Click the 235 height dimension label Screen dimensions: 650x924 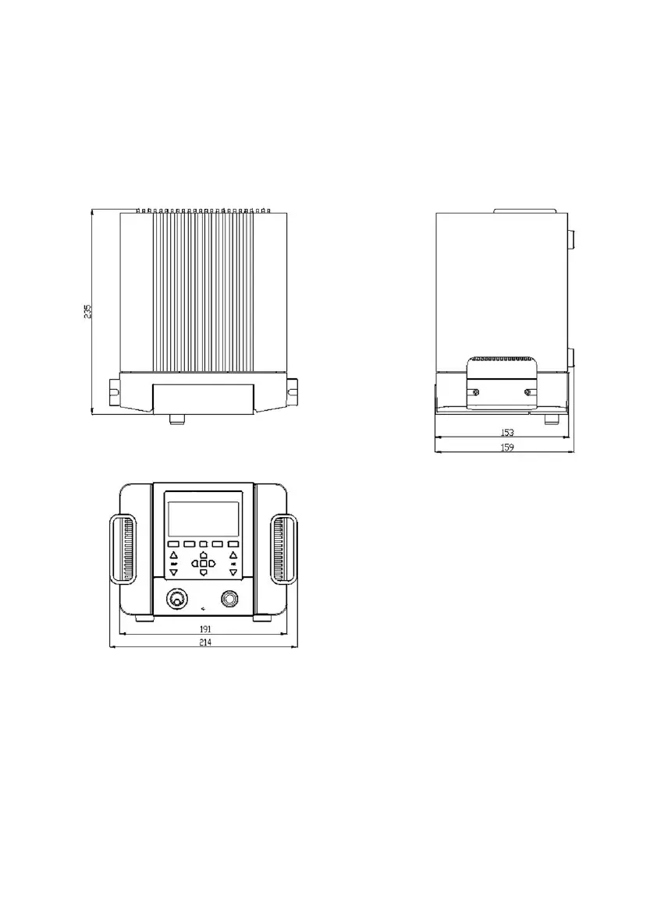[x=88, y=311]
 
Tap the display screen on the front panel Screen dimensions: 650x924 [x=203, y=519]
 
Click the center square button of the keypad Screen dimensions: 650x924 [x=203, y=563]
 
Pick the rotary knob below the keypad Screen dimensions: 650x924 [x=177, y=600]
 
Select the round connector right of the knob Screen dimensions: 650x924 [x=229, y=599]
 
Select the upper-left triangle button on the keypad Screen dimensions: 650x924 [x=174, y=555]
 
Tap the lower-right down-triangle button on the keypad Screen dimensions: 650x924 [x=233, y=572]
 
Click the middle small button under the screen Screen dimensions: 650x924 [x=203, y=543]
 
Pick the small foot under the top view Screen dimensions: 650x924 [x=177, y=420]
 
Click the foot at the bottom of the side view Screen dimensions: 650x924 [x=551, y=420]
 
